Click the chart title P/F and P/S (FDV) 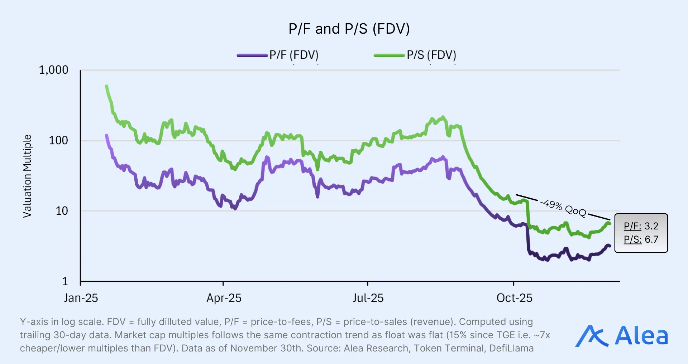(349, 29)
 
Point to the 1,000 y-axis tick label (53, 70)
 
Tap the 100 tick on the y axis (58, 140)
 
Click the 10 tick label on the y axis (62, 211)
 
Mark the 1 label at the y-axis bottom (65, 281)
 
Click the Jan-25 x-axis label (81, 298)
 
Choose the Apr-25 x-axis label (224, 298)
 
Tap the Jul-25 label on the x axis (368, 298)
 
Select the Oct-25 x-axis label (514, 298)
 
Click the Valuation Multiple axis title (27, 176)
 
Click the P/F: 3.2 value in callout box (641, 226)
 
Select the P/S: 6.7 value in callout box (641, 239)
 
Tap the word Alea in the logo (641, 336)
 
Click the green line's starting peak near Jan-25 (106, 86)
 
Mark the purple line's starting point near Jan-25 (106, 135)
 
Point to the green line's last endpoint (609, 223)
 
